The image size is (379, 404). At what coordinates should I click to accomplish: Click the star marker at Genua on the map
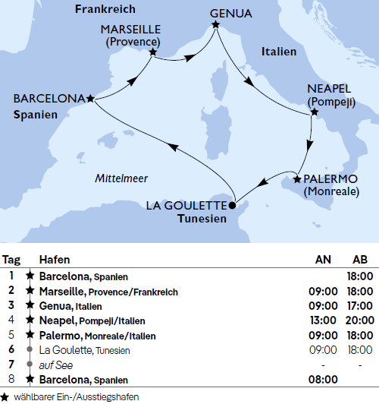[x=216, y=25]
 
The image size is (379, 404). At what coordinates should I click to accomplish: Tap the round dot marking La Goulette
[x=233, y=204]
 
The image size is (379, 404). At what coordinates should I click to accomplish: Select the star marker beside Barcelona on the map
[x=90, y=98]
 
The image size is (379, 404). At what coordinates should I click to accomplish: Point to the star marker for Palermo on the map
[x=296, y=180]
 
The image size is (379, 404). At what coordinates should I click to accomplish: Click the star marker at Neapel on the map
[x=315, y=113]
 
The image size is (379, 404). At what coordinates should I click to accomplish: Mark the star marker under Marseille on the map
[x=154, y=53]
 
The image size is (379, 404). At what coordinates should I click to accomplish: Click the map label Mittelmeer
[x=121, y=178]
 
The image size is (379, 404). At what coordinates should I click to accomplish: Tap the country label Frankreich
[x=106, y=10]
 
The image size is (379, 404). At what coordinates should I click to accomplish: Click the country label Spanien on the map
[x=35, y=114]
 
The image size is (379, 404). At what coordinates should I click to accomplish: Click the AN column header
[x=323, y=260]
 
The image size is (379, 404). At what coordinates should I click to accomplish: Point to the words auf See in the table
[x=54, y=365]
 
